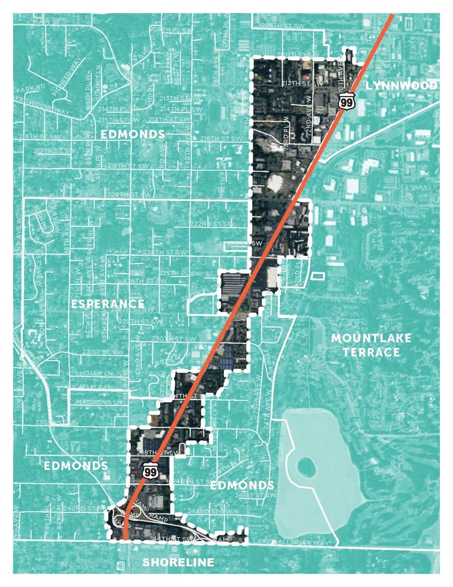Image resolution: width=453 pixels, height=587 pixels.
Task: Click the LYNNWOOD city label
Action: [401, 86]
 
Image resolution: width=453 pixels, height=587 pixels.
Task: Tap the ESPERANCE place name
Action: [108, 304]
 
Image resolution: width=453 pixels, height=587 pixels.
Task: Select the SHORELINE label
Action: [178, 562]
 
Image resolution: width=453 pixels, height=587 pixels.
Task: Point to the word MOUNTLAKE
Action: [371, 338]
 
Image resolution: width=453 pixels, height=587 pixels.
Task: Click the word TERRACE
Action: [371, 352]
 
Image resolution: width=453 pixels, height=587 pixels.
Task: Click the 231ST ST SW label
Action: [103, 352]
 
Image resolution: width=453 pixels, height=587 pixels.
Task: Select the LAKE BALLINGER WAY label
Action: [292, 542]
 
